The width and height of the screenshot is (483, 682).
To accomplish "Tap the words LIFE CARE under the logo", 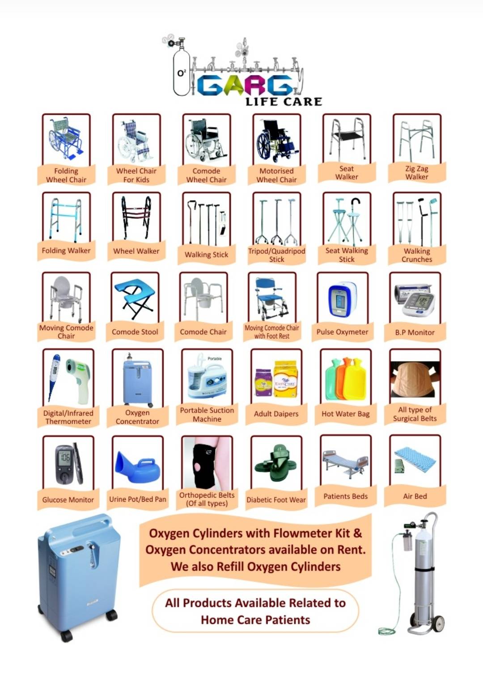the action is coord(284,102).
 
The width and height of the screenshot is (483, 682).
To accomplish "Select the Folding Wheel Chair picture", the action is coord(66,139).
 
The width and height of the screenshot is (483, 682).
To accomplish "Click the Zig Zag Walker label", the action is coord(417,173).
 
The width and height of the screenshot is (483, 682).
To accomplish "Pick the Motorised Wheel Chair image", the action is coord(276,141).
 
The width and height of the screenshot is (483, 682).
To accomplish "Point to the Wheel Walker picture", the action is coord(136,217).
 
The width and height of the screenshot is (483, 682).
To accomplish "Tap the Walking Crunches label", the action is coord(417,255).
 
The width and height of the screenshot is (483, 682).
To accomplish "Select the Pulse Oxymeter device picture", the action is coord(343,299).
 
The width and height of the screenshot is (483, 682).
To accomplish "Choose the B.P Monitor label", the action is coord(415,332).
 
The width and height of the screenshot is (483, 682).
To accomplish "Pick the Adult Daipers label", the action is coord(276,414).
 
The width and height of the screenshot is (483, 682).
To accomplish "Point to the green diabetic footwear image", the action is coord(276,463).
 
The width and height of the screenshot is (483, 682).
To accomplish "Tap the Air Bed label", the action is coord(415,496).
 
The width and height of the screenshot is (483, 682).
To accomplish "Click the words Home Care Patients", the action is coord(255,620).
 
